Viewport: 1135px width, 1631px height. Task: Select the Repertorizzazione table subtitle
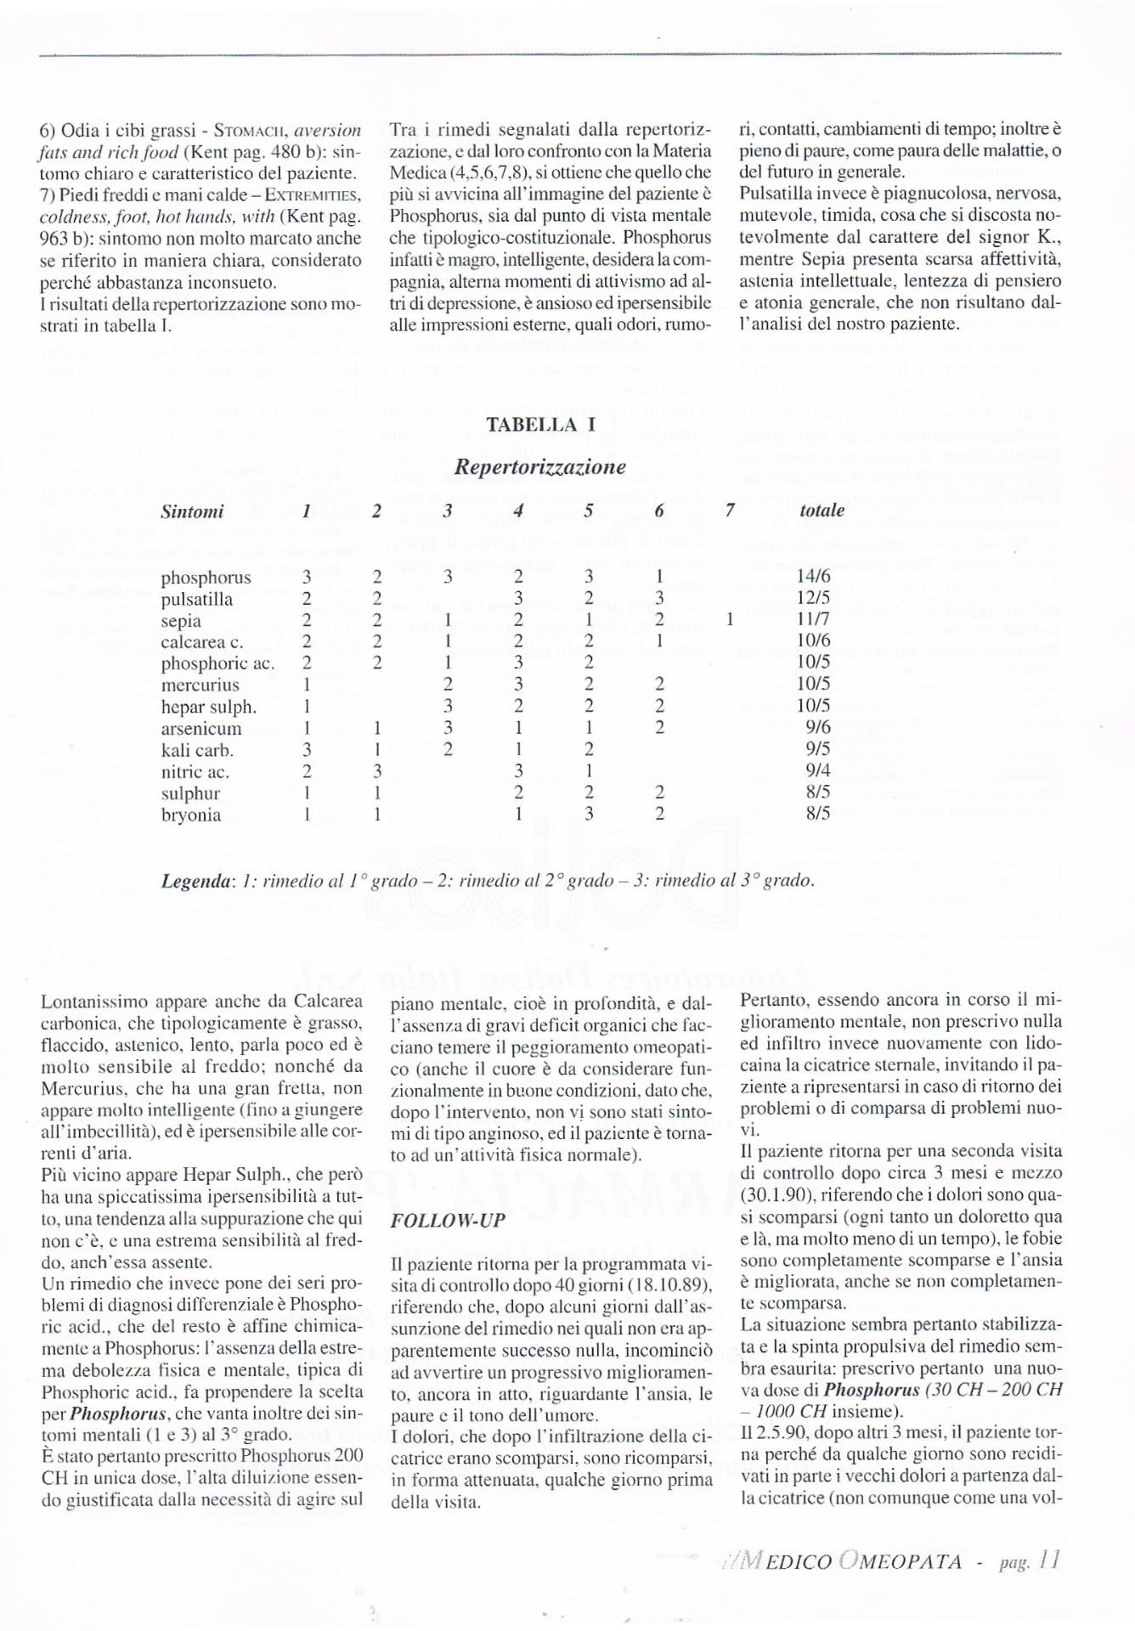point(540,466)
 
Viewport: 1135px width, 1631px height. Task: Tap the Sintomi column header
point(193,511)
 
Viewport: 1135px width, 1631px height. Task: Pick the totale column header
point(822,511)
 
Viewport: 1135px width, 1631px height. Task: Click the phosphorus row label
point(206,578)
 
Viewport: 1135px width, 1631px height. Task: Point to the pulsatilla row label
point(197,600)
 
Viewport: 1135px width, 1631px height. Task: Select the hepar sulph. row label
point(209,707)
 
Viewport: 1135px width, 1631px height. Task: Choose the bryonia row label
point(191,815)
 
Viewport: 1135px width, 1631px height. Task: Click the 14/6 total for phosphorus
point(813,578)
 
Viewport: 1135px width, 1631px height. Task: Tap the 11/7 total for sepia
point(813,621)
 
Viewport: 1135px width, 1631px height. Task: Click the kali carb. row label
point(197,750)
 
